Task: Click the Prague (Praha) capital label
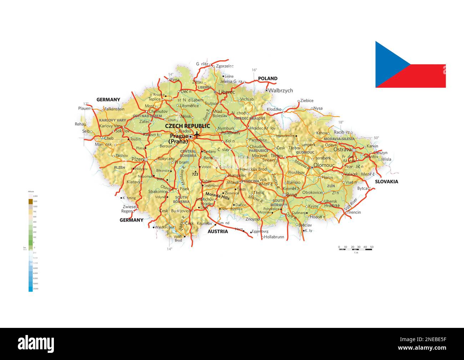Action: pyautogui.click(x=179, y=139)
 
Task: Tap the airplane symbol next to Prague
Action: pyautogui.click(x=196, y=135)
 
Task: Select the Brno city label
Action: pyautogui.click(x=292, y=195)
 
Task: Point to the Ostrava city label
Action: pyautogui.click(x=342, y=150)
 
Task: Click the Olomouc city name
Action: pyautogui.click(x=324, y=166)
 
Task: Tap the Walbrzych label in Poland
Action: pyautogui.click(x=281, y=91)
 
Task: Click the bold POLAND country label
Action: pyautogui.click(x=267, y=78)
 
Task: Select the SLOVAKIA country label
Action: pyautogui.click(x=386, y=182)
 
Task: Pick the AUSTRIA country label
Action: pyautogui.click(x=218, y=232)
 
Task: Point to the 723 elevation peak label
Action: pyautogui.click(x=195, y=174)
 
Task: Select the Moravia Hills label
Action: pyautogui.click(x=217, y=197)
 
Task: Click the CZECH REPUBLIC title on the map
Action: pyautogui.click(x=187, y=126)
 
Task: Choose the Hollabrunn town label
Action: pyautogui.click(x=274, y=237)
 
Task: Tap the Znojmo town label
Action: pyautogui.click(x=252, y=219)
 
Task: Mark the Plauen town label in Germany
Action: pyautogui.click(x=85, y=108)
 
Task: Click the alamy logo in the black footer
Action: pyautogui.click(x=36, y=344)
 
